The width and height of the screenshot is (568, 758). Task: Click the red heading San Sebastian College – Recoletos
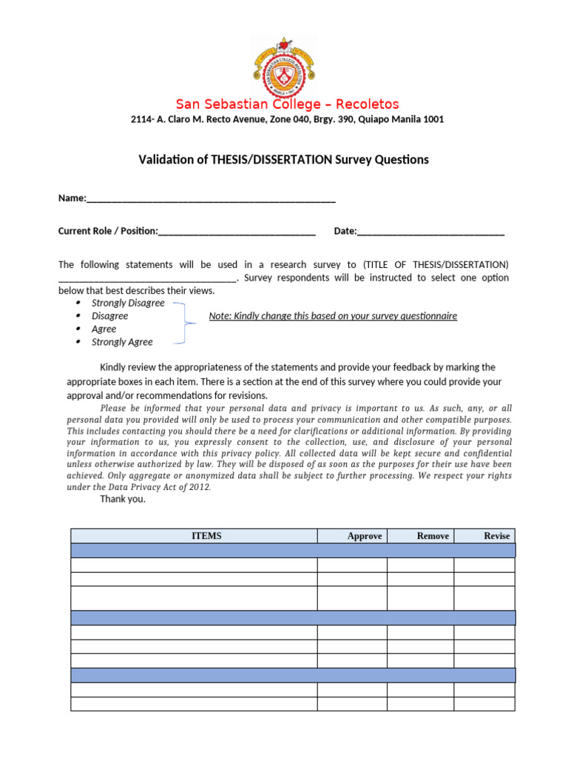click(x=287, y=104)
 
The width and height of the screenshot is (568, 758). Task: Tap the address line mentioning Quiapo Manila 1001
click(x=287, y=119)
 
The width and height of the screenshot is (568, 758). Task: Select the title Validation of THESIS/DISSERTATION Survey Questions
click(x=284, y=160)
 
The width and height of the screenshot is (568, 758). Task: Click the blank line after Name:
click(x=211, y=199)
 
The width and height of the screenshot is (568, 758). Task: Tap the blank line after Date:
click(x=430, y=232)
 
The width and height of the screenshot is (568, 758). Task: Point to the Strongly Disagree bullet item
click(x=128, y=303)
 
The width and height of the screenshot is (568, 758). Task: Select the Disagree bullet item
click(x=109, y=316)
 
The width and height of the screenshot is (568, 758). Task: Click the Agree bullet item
click(x=104, y=329)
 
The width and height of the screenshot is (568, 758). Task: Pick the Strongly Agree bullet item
click(x=122, y=342)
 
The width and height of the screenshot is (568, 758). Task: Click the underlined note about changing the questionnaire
click(x=333, y=316)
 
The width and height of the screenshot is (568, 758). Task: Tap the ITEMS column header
click(x=206, y=536)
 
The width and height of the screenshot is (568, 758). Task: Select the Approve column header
click(x=364, y=536)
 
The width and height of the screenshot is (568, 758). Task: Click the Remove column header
click(x=433, y=536)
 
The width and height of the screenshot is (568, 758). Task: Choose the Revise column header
click(x=496, y=536)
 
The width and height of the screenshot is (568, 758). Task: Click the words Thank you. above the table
click(x=123, y=499)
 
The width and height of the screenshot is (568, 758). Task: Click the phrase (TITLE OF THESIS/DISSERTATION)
click(x=435, y=265)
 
